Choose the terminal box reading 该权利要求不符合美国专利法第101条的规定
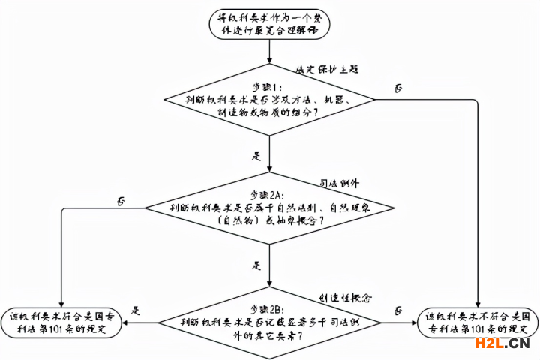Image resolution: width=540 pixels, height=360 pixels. [478, 322]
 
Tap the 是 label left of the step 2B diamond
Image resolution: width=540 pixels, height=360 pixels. [136, 310]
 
